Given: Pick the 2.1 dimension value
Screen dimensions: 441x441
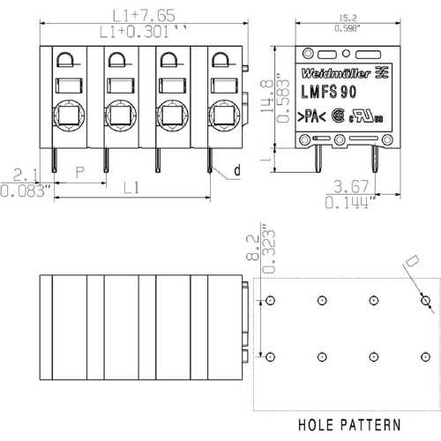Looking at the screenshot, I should point(25,174).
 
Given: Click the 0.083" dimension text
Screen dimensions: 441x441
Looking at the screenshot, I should point(26,189).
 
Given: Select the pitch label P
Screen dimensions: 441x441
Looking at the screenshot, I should point(78,174).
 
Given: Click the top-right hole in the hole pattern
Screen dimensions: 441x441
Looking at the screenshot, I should point(425,301).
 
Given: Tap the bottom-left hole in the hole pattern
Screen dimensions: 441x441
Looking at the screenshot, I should point(270,355).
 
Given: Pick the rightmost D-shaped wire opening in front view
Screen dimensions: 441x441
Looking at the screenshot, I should point(220,62).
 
